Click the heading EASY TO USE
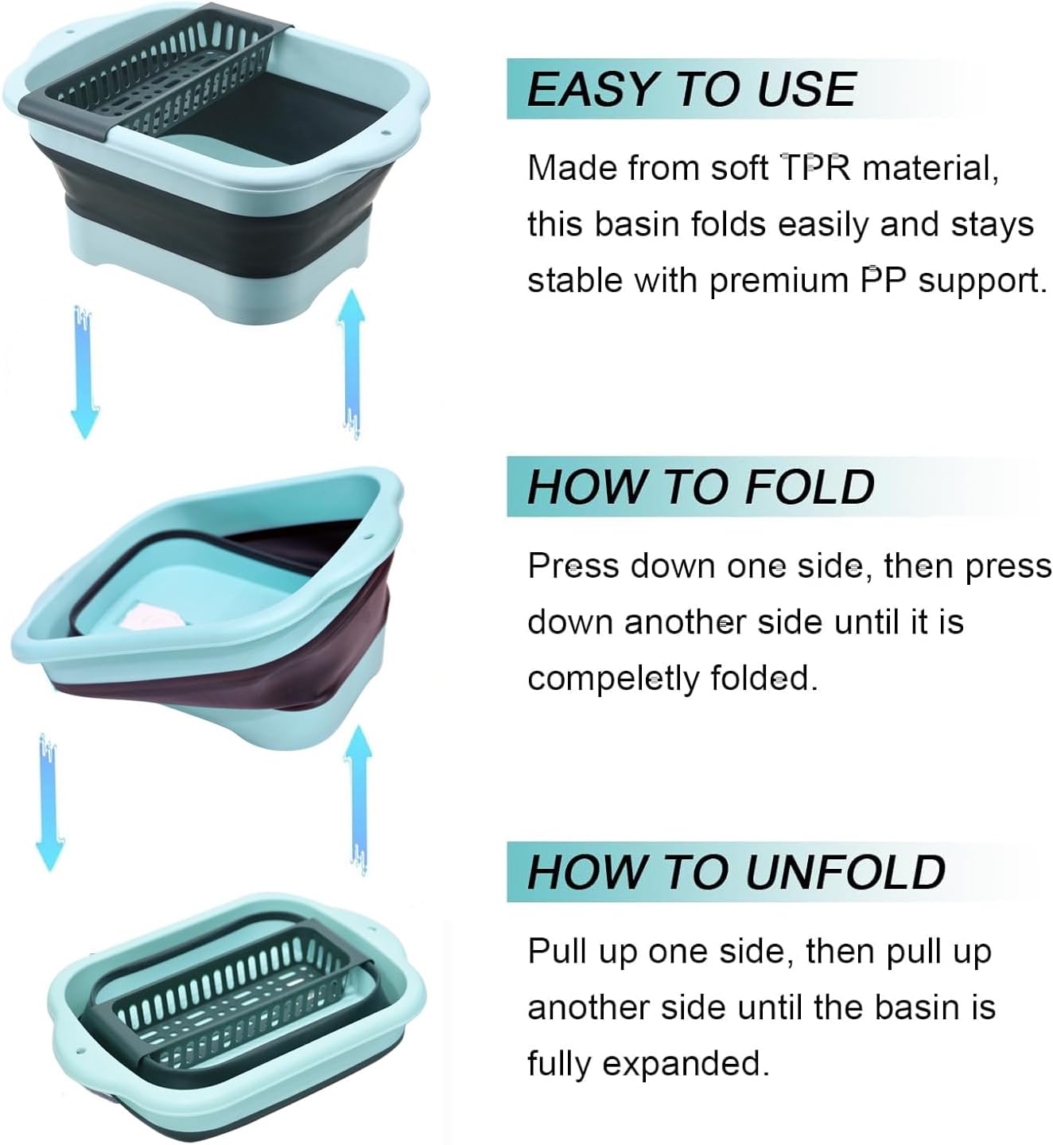[691, 90]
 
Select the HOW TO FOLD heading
[701, 487]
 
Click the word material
[931, 169]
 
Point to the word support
[981, 282]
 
